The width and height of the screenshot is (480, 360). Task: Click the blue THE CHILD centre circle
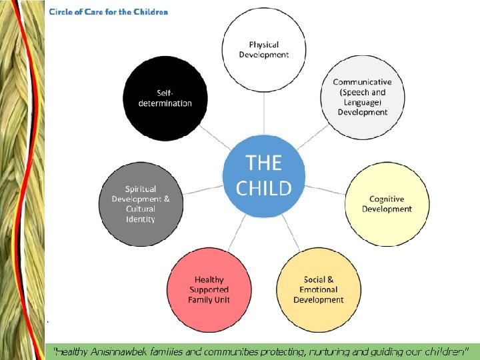click(264, 175)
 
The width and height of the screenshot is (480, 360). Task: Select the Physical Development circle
click(264, 49)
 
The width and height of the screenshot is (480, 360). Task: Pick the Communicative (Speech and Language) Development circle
click(362, 97)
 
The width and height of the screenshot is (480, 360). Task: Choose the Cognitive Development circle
click(387, 204)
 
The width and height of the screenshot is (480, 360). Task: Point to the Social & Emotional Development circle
click(319, 290)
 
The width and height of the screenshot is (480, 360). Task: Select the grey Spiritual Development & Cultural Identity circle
click(141, 204)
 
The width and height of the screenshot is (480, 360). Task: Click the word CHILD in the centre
click(264, 188)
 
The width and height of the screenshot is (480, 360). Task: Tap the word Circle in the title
click(62, 12)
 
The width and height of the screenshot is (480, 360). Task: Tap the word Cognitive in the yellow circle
click(387, 199)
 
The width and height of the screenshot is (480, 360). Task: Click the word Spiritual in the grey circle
click(141, 189)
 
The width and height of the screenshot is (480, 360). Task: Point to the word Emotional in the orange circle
click(319, 290)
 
